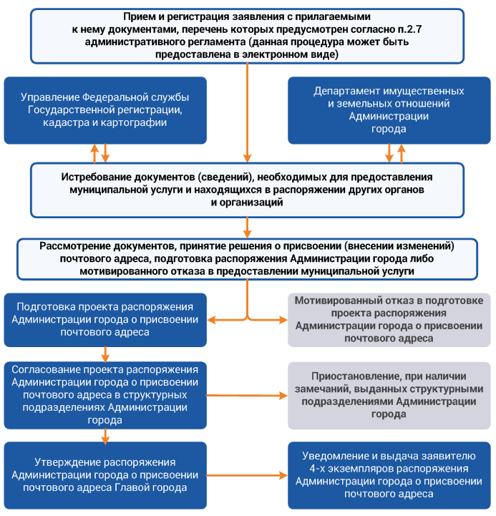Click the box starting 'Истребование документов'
247,190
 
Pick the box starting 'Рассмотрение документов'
247,258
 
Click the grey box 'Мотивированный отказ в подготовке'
389,318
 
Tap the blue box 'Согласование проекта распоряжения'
106,394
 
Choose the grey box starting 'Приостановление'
389,394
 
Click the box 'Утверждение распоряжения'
106,475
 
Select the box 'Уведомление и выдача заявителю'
389,475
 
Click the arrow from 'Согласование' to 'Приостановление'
247,396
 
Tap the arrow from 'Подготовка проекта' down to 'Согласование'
106,354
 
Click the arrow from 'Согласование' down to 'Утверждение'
106,434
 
